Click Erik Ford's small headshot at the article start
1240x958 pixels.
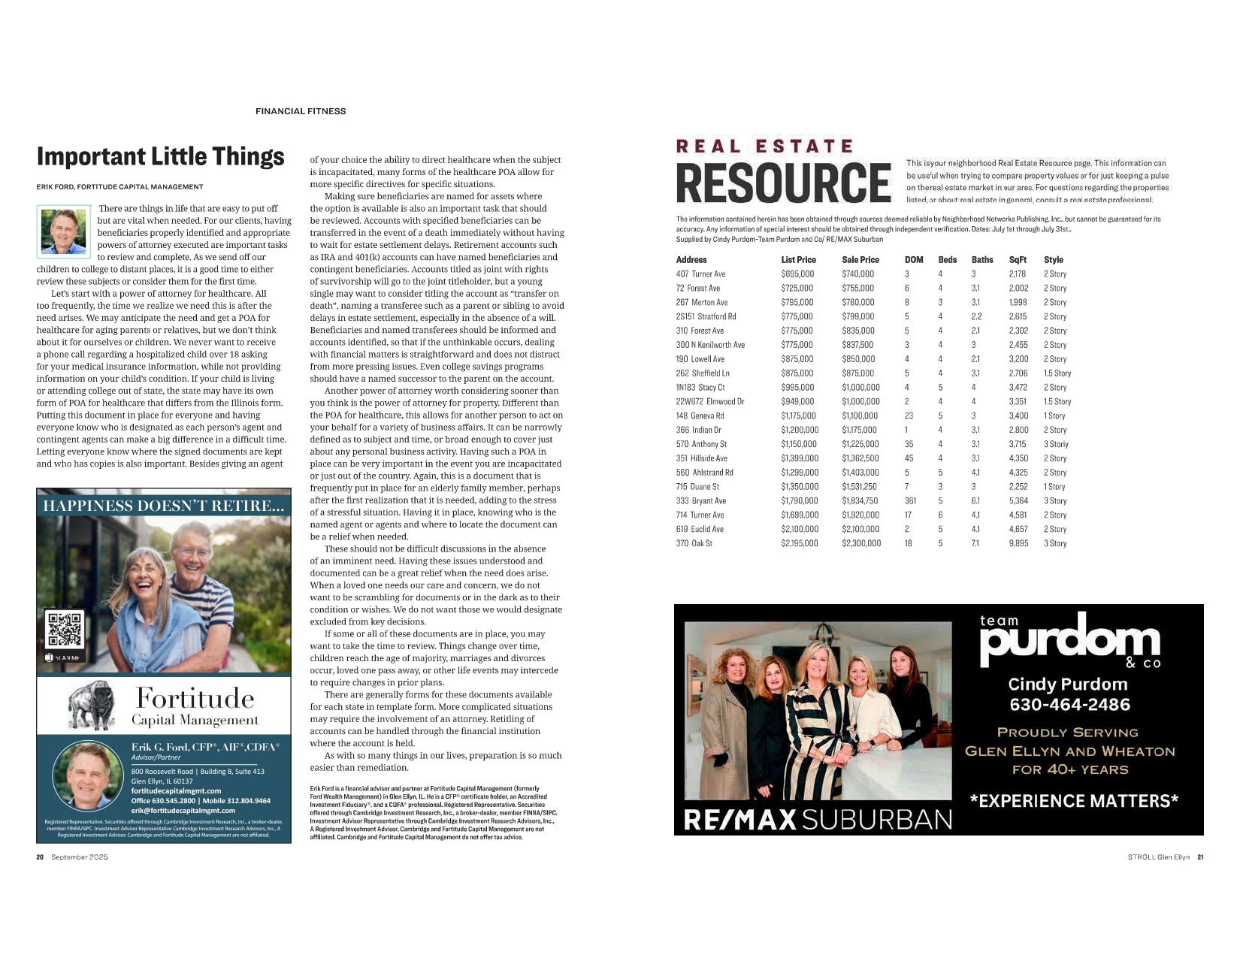[x=64, y=231]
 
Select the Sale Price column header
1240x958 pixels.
[x=860, y=260]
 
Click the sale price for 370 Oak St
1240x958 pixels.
[x=860, y=543]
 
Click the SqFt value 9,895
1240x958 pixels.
[x=1018, y=543]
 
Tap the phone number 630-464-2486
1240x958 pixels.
[x=1069, y=705]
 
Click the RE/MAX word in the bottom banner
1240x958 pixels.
[x=739, y=819]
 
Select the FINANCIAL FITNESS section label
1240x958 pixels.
[x=301, y=111]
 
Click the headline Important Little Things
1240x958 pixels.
[x=160, y=156]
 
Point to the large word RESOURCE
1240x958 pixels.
[x=783, y=183]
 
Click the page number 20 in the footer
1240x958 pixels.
[x=40, y=857]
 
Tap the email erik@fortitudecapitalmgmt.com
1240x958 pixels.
[x=183, y=811]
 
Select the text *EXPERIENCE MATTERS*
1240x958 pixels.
[x=1074, y=801]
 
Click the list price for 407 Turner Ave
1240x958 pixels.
[x=797, y=274]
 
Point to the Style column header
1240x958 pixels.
[x=1053, y=260]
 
